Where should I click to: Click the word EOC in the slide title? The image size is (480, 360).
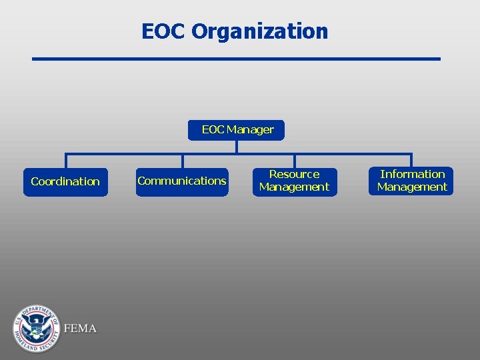(x=163, y=31)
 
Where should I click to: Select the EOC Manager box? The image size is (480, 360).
(x=237, y=130)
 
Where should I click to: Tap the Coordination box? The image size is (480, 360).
(x=65, y=182)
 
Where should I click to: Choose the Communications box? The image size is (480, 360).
(x=182, y=181)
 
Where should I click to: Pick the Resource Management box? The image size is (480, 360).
(x=294, y=181)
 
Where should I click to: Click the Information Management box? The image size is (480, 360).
(x=411, y=181)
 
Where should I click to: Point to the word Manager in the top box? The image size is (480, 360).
(x=250, y=130)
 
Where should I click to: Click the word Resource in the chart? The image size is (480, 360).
(x=294, y=175)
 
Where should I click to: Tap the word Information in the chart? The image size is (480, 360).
(x=412, y=175)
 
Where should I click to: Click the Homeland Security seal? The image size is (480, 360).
(x=36, y=328)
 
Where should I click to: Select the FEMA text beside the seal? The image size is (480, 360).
(x=81, y=329)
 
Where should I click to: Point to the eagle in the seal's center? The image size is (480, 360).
(x=36, y=327)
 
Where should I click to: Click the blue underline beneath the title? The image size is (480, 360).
(x=237, y=59)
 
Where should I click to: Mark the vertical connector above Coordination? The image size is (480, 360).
(x=65, y=161)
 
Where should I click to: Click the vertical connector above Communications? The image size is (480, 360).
(x=182, y=161)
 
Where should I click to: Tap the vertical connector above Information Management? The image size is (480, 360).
(x=411, y=160)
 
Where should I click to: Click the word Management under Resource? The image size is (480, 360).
(x=294, y=187)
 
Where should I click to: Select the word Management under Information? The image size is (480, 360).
(x=412, y=187)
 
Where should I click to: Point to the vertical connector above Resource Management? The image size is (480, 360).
(x=294, y=160)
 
